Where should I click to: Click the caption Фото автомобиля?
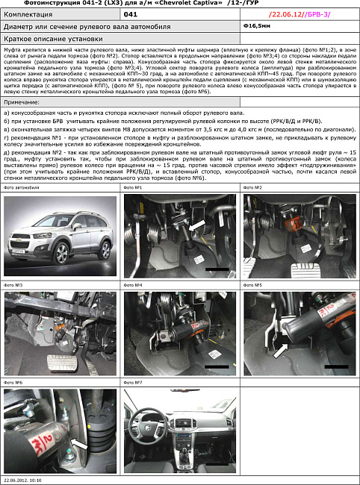22,188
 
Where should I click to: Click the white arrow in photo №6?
78,445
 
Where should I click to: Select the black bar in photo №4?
217,366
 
